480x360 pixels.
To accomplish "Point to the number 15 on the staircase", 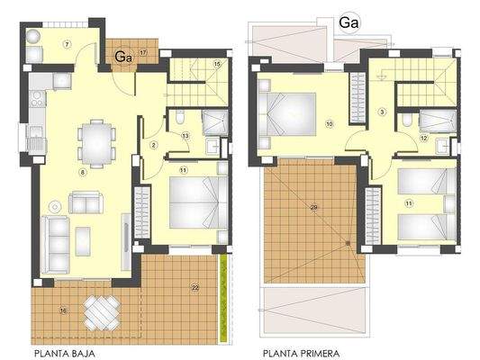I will [x=216, y=64].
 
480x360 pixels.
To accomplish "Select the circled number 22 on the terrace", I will [x=195, y=287].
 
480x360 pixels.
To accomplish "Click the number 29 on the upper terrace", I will [x=313, y=207].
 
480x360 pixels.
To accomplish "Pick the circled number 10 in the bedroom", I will [x=330, y=123].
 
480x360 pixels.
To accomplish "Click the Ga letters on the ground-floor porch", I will [x=124, y=56].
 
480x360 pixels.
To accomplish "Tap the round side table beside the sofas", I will [x=56, y=202].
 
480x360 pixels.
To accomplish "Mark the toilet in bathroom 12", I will [x=408, y=118].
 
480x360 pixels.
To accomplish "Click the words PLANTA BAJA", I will [x=64, y=354].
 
